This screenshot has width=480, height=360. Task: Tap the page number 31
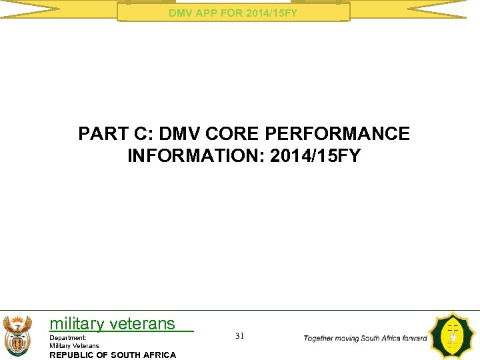[x=240, y=336]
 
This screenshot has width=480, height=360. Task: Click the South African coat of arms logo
[x=17, y=335]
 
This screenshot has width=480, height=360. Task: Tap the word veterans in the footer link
[x=142, y=324]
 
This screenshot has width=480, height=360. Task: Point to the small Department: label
[x=68, y=338]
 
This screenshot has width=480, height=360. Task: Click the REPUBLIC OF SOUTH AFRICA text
[x=113, y=355]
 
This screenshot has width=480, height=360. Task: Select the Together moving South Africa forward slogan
[x=365, y=338]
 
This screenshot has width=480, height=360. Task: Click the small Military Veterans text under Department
[x=74, y=345]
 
